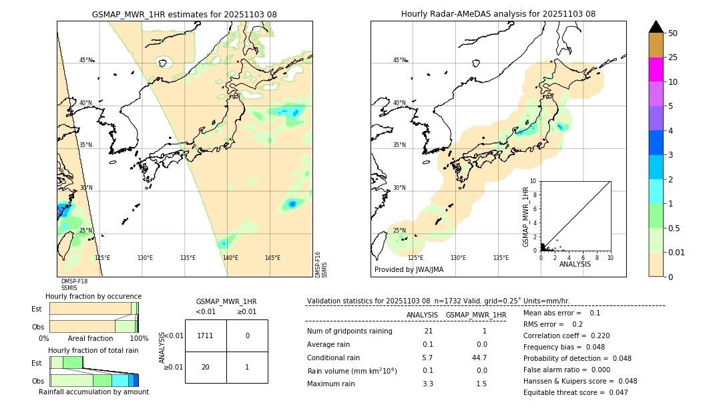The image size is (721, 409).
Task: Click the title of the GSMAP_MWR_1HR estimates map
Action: tap(184, 14)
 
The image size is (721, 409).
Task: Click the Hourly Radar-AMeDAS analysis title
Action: tap(498, 14)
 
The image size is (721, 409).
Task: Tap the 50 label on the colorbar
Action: tap(673, 33)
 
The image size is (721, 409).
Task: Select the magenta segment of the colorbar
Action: tap(656, 70)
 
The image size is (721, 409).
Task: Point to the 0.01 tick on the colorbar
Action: tap(676, 252)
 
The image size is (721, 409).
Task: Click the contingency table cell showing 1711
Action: tap(206, 335)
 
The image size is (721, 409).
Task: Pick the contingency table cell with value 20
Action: tap(206, 367)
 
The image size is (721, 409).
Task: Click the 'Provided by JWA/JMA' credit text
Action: tap(409, 270)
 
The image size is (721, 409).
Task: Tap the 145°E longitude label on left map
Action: tap(272, 258)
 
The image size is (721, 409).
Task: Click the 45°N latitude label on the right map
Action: tap(400, 60)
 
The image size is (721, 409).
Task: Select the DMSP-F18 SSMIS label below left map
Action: tap(74, 285)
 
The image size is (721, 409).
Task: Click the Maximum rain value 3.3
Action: tap(428, 384)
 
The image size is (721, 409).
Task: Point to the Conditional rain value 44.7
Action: tap(479, 358)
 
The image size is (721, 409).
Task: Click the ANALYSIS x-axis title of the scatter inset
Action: tap(575, 264)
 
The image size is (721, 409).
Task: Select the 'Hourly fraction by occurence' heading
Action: tap(93, 296)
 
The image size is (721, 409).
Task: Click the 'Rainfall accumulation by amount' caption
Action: tap(93, 392)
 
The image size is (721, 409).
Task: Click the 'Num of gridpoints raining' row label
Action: tap(349, 331)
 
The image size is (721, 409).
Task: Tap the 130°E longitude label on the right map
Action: tap(458, 258)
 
